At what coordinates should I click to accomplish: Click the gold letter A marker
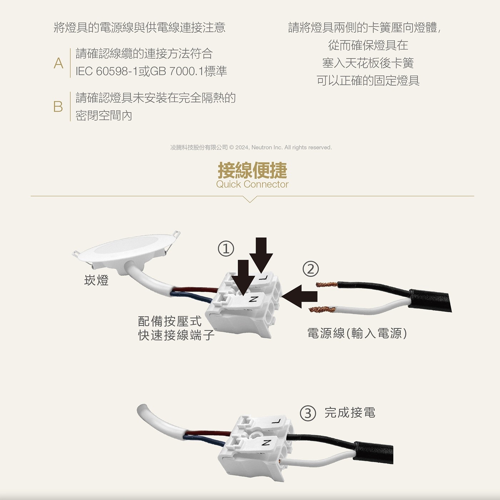(x=59, y=63)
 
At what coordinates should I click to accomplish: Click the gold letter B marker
(x=58, y=107)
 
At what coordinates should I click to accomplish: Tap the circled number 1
(x=226, y=248)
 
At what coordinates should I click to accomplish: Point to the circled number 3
(x=308, y=413)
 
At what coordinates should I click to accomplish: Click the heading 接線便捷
(x=252, y=170)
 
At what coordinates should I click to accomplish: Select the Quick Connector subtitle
(x=252, y=184)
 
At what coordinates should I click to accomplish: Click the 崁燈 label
(x=96, y=280)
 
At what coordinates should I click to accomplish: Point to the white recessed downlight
(x=126, y=250)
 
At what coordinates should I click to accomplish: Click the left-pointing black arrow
(x=299, y=296)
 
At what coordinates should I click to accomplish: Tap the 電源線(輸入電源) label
(x=357, y=333)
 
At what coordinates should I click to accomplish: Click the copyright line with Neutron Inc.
(x=251, y=147)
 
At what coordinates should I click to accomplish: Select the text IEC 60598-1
(x=107, y=71)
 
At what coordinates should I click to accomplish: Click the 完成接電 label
(x=350, y=412)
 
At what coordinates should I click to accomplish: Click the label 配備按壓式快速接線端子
(x=176, y=328)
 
